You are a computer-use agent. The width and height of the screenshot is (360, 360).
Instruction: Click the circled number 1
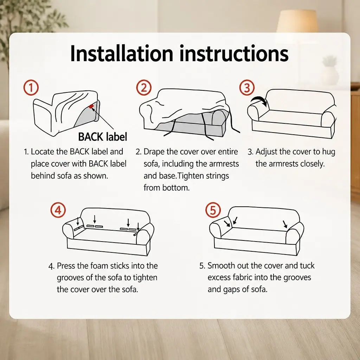(31, 88)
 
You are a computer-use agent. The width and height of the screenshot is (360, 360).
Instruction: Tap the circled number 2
(144, 88)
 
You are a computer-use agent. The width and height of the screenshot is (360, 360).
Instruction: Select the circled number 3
(247, 88)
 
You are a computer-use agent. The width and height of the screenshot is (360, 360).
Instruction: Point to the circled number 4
(58, 210)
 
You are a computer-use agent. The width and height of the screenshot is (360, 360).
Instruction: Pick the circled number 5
(213, 210)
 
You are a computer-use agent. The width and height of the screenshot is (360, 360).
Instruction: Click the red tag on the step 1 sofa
(91, 106)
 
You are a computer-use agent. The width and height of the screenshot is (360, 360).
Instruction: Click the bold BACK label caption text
(103, 137)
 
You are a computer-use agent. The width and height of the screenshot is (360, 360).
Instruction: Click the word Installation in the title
(121, 53)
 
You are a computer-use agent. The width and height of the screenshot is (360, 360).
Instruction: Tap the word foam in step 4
(99, 266)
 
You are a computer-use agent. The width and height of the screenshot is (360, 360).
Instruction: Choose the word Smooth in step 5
(221, 266)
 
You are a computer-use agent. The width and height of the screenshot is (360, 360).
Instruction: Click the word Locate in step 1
(43, 152)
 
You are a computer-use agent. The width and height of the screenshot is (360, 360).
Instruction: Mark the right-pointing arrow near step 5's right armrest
(285, 224)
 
